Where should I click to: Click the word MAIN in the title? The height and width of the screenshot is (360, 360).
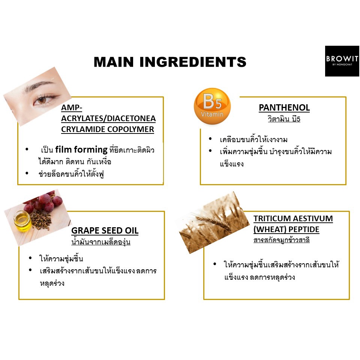[x=114, y=62]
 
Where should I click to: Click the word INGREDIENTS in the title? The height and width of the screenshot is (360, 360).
[x=193, y=62]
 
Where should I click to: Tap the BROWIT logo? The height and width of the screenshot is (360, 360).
[x=342, y=61]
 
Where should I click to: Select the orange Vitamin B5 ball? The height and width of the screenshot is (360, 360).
[x=212, y=106]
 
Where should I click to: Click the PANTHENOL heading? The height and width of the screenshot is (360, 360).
[x=284, y=108]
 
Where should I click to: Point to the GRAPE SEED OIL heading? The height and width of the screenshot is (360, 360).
[x=105, y=231]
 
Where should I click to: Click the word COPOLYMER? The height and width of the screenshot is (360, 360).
[x=130, y=129]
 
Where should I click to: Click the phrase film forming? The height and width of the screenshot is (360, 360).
[x=81, y=150]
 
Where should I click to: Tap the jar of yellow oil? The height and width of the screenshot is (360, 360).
[x=22, y=220]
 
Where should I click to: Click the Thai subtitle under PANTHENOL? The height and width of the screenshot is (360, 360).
[x=284, y=119]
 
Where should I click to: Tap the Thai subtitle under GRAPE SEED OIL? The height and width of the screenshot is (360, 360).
[x=101, y=242]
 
